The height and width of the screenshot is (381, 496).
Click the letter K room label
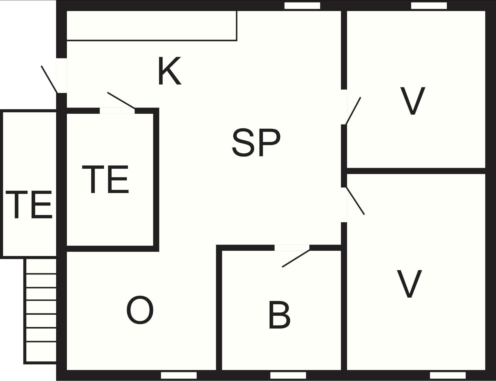(x=169, y=71)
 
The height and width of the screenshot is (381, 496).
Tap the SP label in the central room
(x=256, y=142)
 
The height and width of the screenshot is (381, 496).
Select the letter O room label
(x=140, y=310)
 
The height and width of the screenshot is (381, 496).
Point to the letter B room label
(x=279, y=315)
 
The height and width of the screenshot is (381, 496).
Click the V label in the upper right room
(x=413, y=101)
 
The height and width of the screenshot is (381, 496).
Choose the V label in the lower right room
(x=409, y=284)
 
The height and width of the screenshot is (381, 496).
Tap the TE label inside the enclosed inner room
(x=105, y=179)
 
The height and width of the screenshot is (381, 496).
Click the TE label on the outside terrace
(x=29, y=204)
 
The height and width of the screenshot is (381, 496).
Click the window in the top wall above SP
(x=302, y=6)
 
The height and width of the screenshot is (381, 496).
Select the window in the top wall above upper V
(x=429, y=6)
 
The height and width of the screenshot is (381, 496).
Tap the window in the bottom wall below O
(x=179, y=375)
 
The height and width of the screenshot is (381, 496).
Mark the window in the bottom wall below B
(x=288, y=375)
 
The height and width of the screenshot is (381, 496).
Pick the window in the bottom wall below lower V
(x=448, y=375)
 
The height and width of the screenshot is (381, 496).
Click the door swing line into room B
(x=296, y=258)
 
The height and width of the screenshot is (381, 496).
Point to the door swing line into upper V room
(x=353, y=110)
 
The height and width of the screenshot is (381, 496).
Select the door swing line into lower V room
(x=355, y=200)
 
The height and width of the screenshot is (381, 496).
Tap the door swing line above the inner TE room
(x=121, y=100)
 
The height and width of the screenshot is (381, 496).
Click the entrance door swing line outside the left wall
(x=49, y=79)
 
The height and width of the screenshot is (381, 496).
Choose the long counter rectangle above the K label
(x=152, y=25)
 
